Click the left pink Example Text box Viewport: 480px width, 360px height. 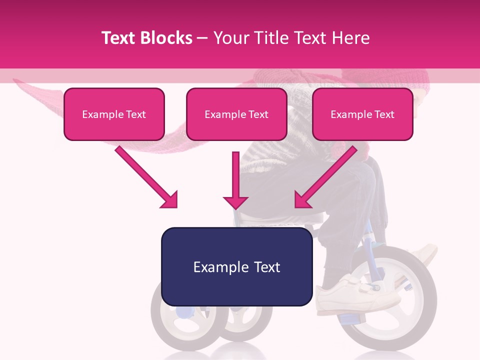tap(114, 114)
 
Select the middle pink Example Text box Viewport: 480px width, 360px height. tap(236, 114)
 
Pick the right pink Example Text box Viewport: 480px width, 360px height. tap(362, 114)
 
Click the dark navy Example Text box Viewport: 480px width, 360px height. tap(236, 267)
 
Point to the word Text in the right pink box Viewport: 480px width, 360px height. tap(384, 114)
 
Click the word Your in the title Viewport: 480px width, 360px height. tap(229, 38)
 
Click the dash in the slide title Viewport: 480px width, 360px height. tap(202, 38)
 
